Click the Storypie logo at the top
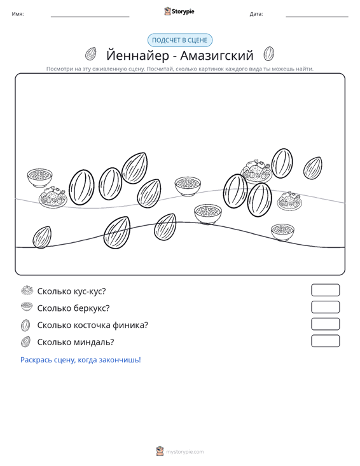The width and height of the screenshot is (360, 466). coord(179,11)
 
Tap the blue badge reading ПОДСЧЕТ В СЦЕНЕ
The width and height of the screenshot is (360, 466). coord(180,40)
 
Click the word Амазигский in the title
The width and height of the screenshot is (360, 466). coord(217,55)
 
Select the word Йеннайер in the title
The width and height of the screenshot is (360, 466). coord(137,55)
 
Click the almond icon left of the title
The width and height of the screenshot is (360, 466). coord(91,54)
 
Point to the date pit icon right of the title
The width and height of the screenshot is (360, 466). coord(269,53)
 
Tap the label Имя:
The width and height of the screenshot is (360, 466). coord(18,14)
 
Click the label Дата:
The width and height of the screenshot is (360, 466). coord(256,14)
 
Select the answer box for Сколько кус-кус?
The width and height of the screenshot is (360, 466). coord(325,290)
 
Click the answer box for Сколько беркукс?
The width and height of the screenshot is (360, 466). coord(325,307)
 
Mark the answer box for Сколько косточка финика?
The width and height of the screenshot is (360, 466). coord(325,324)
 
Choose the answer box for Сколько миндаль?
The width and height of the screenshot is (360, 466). coord(325,341)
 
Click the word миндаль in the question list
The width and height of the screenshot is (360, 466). coord(93,343)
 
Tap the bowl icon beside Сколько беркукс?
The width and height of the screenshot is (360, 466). coord(27,306)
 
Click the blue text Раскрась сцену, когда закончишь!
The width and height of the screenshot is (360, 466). coord(81,360)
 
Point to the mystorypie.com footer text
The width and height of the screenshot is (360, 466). coord(185,452)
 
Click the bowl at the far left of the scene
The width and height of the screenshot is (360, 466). coord(40,178)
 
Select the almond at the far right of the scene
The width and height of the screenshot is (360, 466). coord(312,168)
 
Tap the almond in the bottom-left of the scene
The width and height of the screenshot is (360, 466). coord(42,237)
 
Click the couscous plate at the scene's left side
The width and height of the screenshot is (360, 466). coord(53,196)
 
